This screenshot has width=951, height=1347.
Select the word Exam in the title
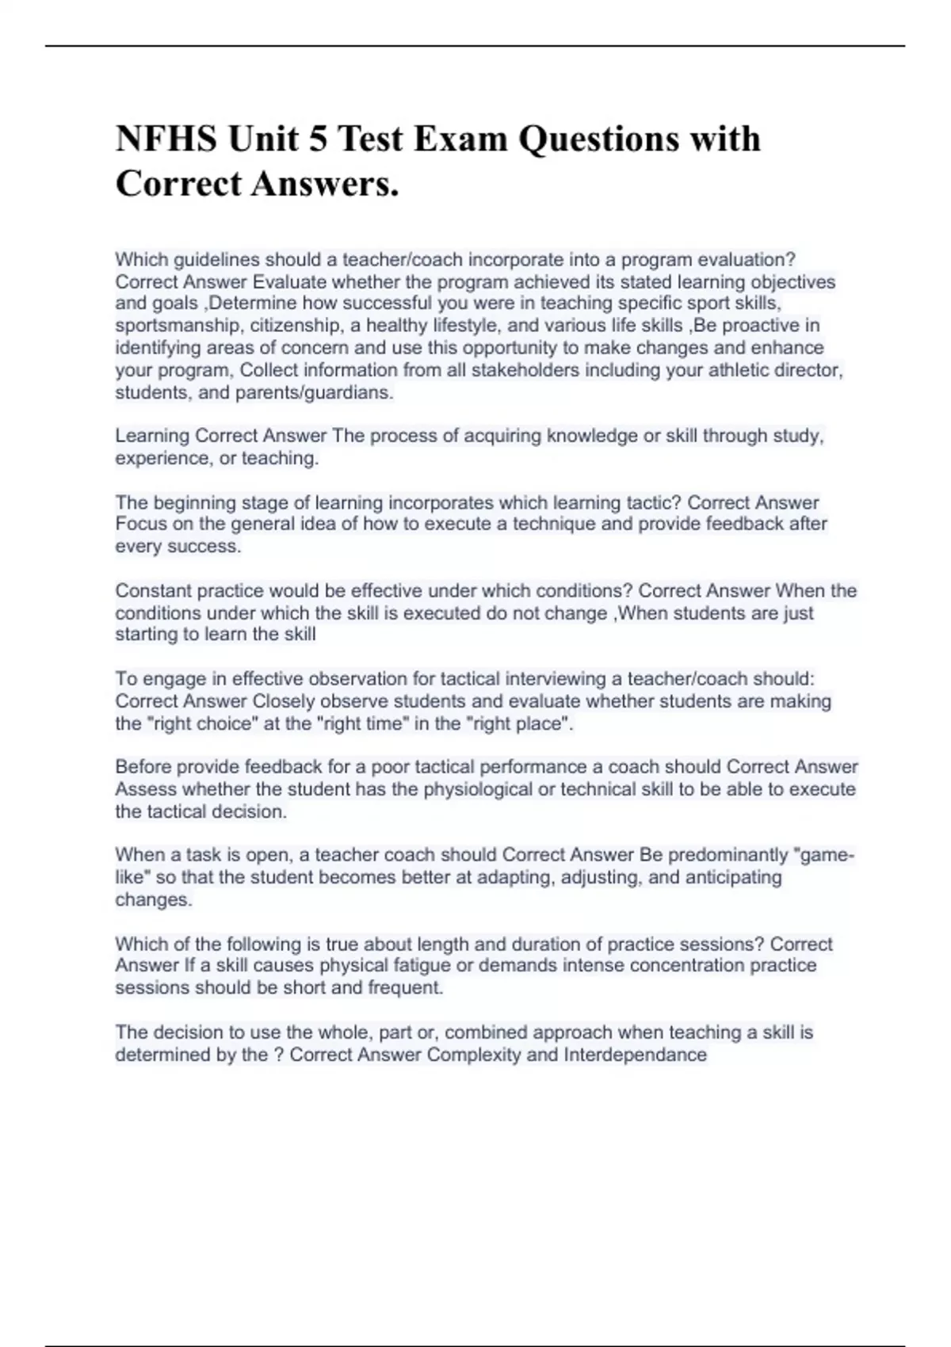pos(461,139)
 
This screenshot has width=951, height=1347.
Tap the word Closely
pos(283,701)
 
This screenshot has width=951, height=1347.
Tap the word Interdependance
pos(635,1055)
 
